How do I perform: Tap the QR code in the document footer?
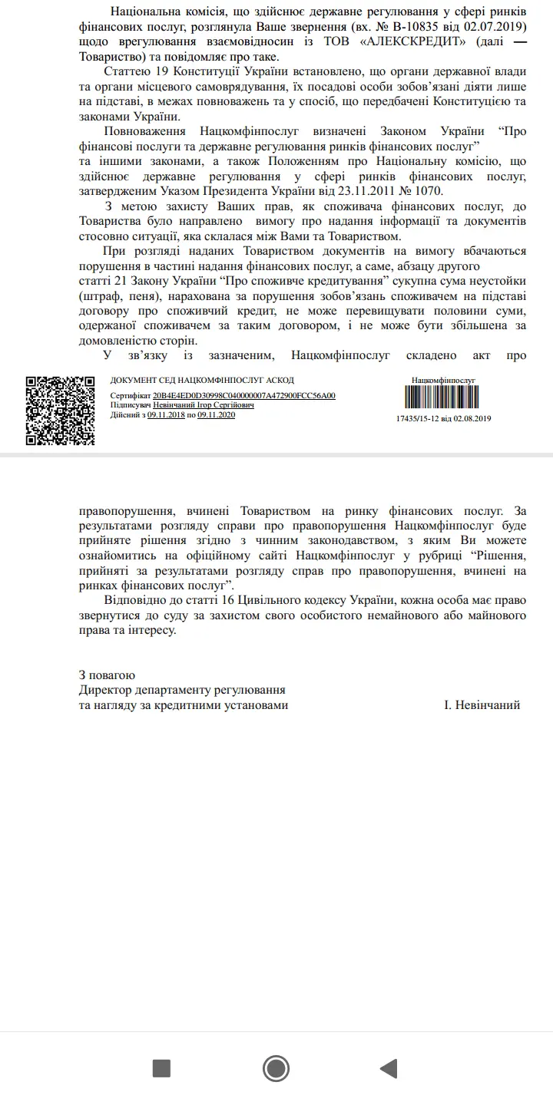60,411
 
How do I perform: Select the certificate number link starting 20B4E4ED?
244,396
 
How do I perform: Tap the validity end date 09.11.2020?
216,414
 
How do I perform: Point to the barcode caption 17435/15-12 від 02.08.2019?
443,418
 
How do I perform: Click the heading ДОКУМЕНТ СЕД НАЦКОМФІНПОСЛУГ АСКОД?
202,381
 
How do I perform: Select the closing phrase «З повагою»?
107,675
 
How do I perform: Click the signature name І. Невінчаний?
482,704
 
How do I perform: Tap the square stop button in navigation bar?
161,1068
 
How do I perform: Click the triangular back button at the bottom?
389,1068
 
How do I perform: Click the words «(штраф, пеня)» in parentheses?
115,295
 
